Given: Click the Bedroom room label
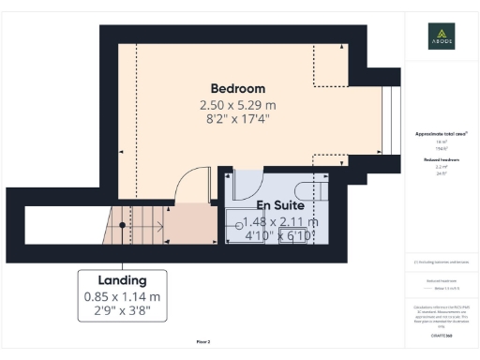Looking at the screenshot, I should coord(238,89).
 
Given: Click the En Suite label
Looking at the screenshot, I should coord(280,205).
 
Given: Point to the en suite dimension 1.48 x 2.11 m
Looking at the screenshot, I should coord(280,221).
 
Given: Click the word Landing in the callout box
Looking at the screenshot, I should coord(122,280).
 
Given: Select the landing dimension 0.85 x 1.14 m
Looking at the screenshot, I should coord(122,296).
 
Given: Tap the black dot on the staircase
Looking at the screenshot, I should coord(122,225).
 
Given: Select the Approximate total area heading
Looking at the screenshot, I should coord(442,135).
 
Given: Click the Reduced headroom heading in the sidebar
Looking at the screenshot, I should coord(442,160).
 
